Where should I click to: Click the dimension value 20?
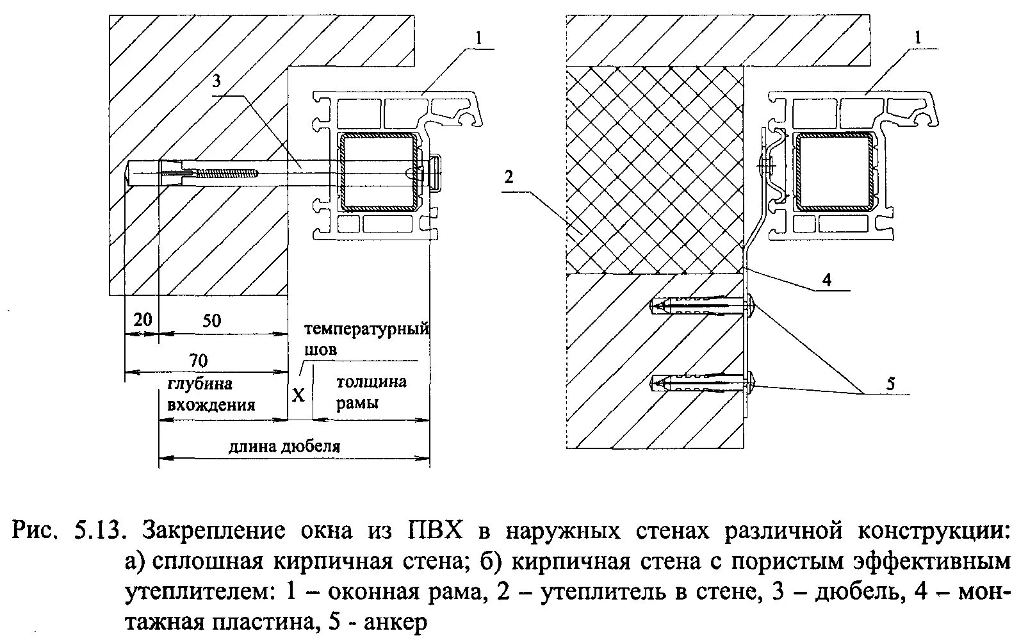142,318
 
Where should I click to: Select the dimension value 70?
199,360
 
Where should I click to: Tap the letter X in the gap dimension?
298,394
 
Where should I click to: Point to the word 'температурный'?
366,329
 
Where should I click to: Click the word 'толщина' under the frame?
371,382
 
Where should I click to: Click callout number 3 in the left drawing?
216,81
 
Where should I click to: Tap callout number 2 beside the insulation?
508,176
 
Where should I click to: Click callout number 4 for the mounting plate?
827,279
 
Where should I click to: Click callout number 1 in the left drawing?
478,38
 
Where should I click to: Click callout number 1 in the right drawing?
917,38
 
